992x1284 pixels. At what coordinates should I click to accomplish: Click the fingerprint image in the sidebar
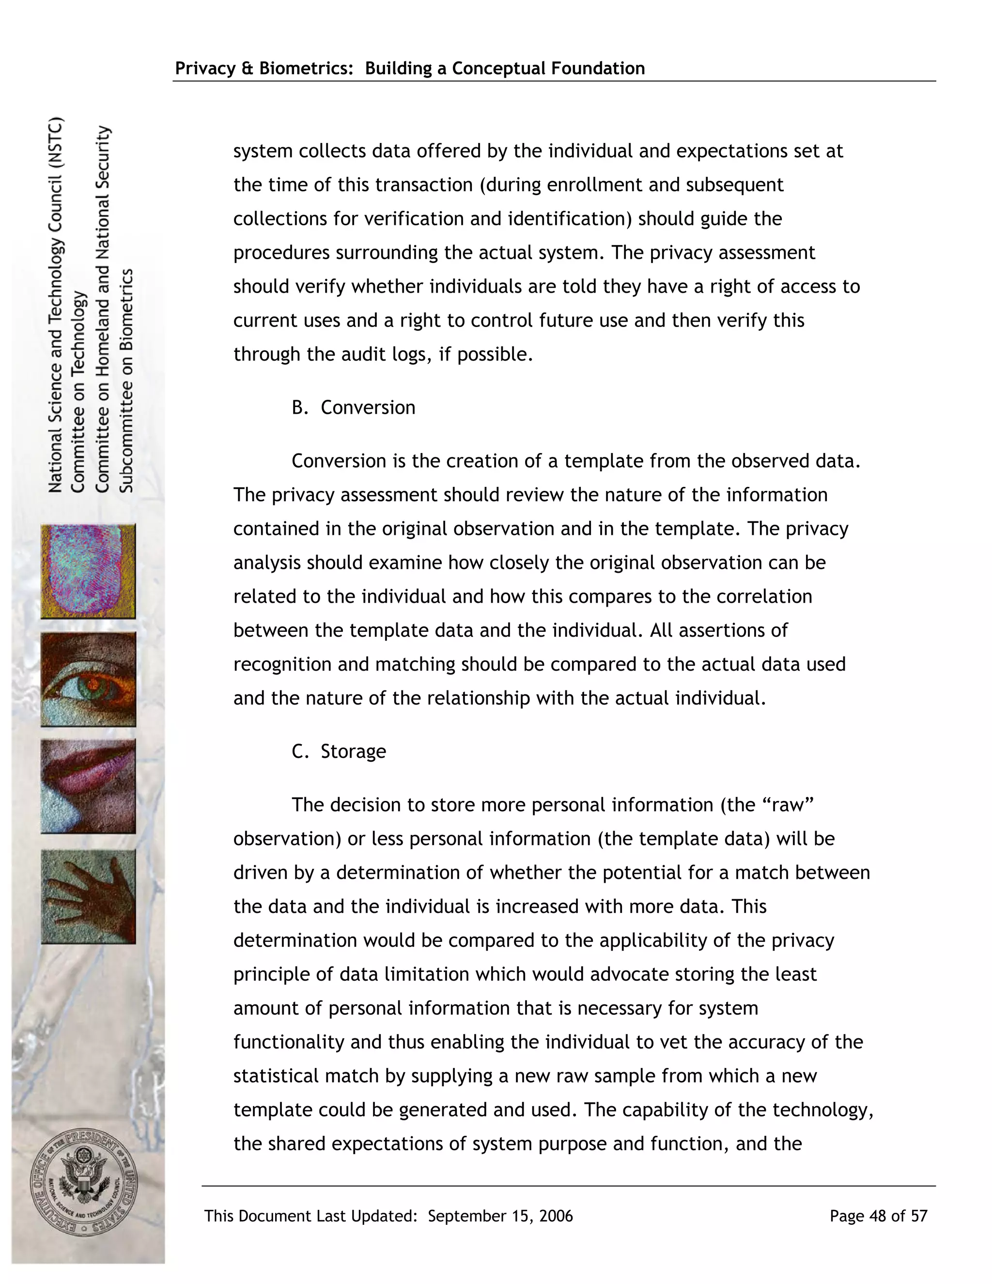coord(88,571)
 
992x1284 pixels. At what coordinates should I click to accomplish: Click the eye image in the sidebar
coord(88,679)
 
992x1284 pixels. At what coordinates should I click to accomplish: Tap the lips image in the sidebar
coord(88,786)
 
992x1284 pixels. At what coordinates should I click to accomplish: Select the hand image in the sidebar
coord(88,896)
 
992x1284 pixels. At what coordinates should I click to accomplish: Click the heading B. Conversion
coord(353,407)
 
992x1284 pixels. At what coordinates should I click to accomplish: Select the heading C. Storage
coord(339,752)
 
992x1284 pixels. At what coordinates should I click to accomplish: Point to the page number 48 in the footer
coord(877,1216)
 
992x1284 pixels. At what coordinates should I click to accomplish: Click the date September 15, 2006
coord(500,1216)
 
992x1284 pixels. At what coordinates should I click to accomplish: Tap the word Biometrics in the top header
coord(306,68)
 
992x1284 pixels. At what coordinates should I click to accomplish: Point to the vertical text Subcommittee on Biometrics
coord(127,381)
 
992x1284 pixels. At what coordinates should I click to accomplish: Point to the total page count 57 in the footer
coord(918,1216)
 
